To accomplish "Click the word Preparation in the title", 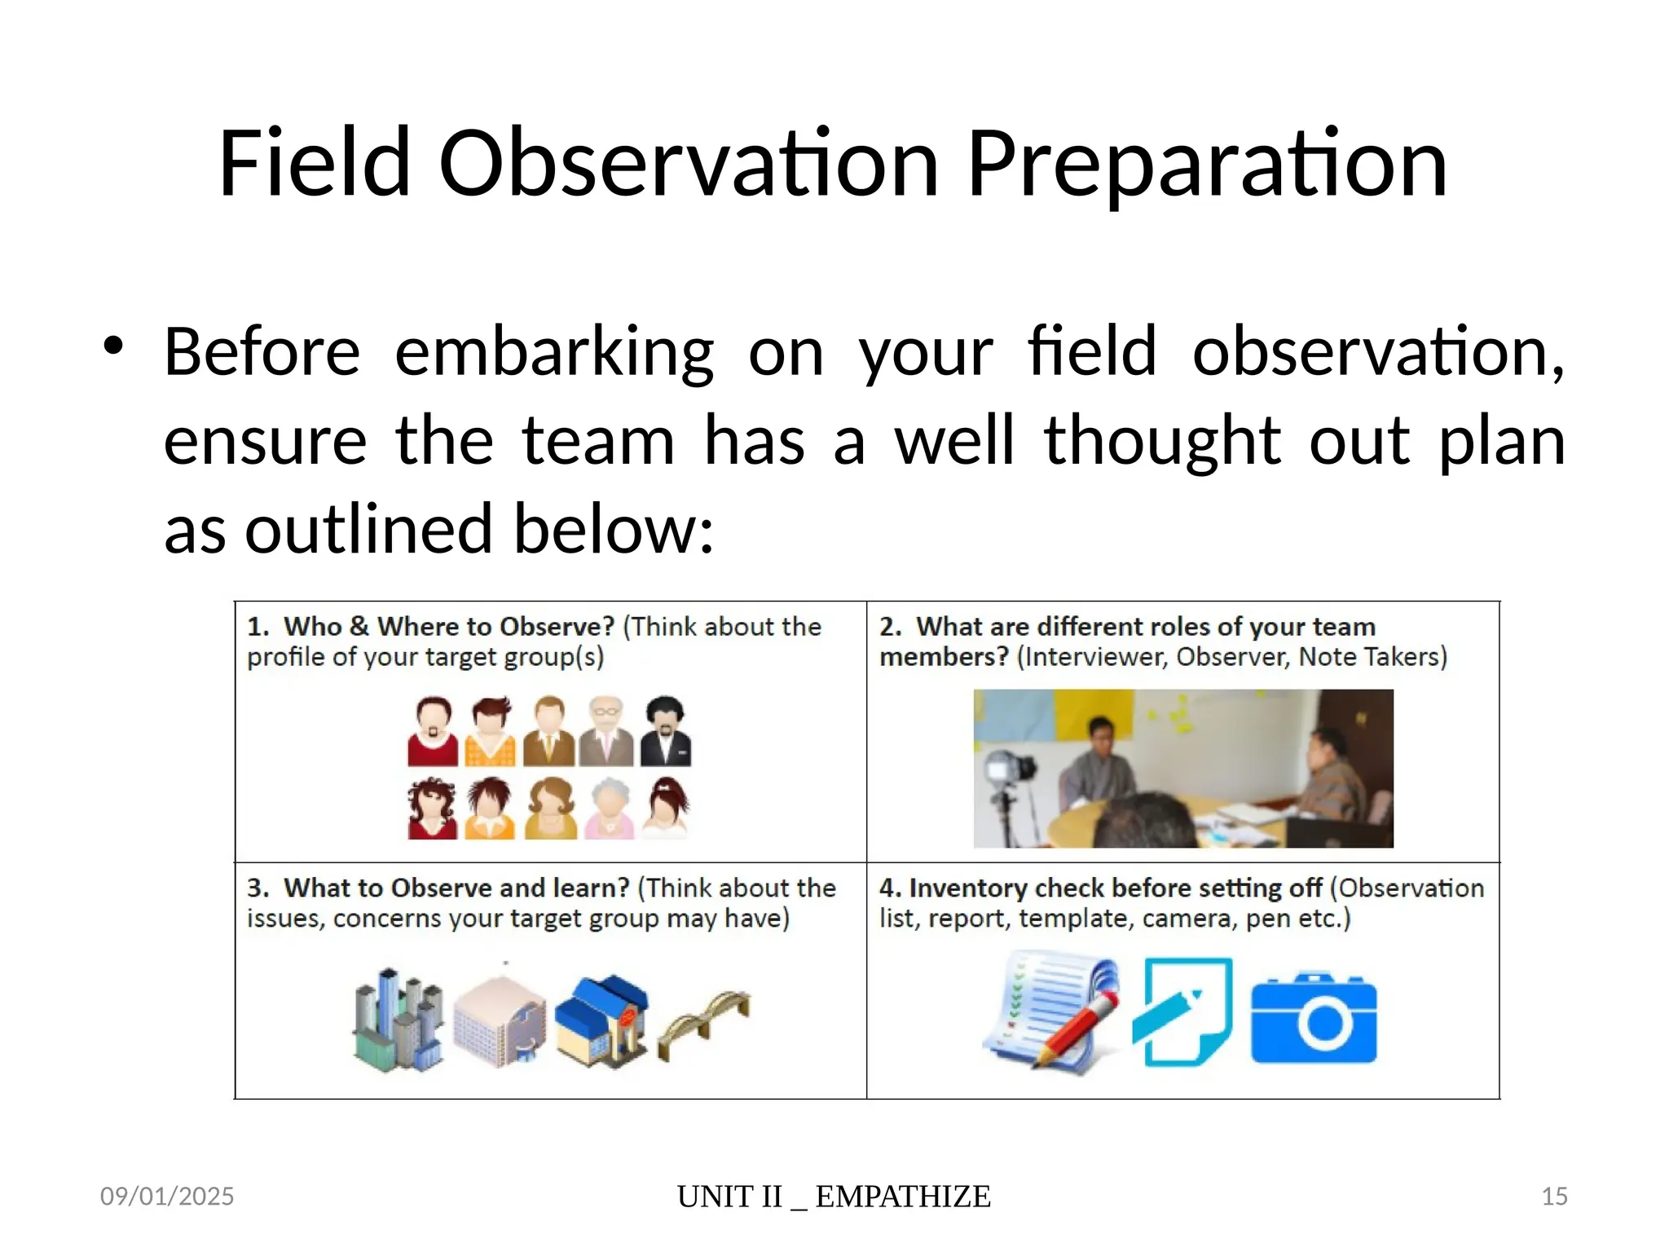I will pyautogui.click(x=1206, y=165).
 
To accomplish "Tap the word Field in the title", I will pyautogui.click(x=314, y=165).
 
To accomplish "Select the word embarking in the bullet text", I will pyautogui.click(x=554, y=352).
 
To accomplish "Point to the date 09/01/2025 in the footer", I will pyautogui.click(x=167, y=1196).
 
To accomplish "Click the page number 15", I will pyautogui.click(x=1554, y=1196).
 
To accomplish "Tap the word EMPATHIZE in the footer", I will pyautogui.click(x=903, y=1197).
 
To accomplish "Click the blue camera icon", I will pyautogui.click(x=1314, y=1019).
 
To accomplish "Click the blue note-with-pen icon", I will pyautogui.click(x=1183, y=1012).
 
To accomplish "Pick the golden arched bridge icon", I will pyautogui.click(x=704, y=1022).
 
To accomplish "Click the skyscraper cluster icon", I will pyautogui.click(x=399, y=1019).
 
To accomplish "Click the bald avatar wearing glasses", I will pyautogui.click(x=606, y=731).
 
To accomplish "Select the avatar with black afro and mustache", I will pyautogui.click(x=665, y=731).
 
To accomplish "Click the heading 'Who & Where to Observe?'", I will pyautogui.click(x=448, y=627).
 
